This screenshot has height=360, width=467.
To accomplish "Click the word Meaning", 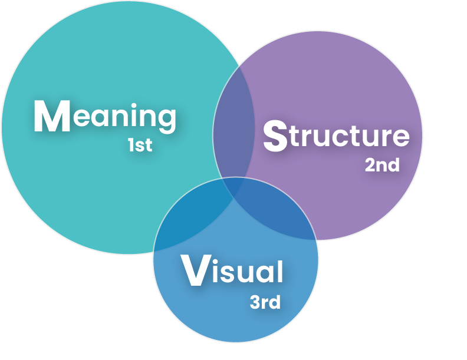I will tap(105, 116).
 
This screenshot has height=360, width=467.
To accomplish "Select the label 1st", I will tap(140, 145).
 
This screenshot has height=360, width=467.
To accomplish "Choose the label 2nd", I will tap(382, 165).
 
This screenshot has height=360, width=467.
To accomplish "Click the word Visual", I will tap(232, 272).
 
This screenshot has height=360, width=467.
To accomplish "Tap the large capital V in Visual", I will tap(194, 271).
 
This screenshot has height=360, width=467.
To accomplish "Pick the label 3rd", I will tap(265, 303).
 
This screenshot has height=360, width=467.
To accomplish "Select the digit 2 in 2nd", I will tap(370, 165).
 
